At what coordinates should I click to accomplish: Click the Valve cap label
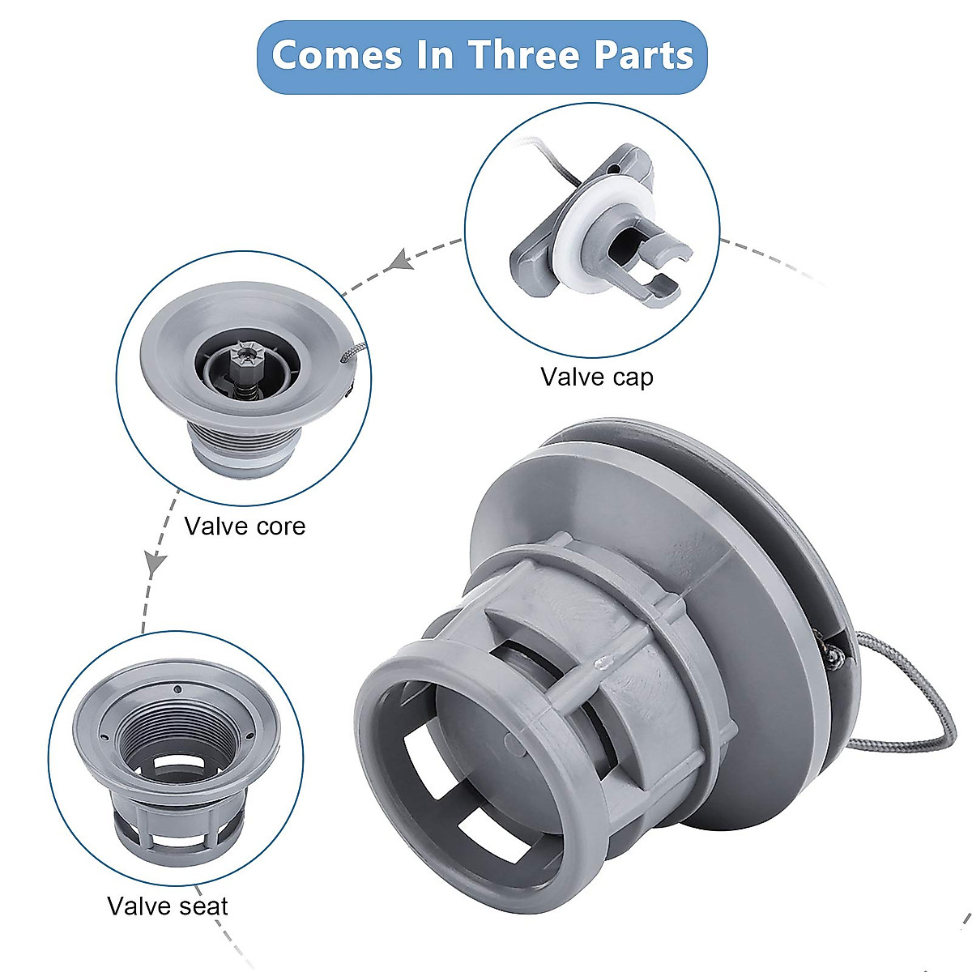click(597, 377)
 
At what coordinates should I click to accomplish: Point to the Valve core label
click(245, 526)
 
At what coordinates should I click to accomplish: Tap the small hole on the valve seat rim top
click(177, 689)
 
